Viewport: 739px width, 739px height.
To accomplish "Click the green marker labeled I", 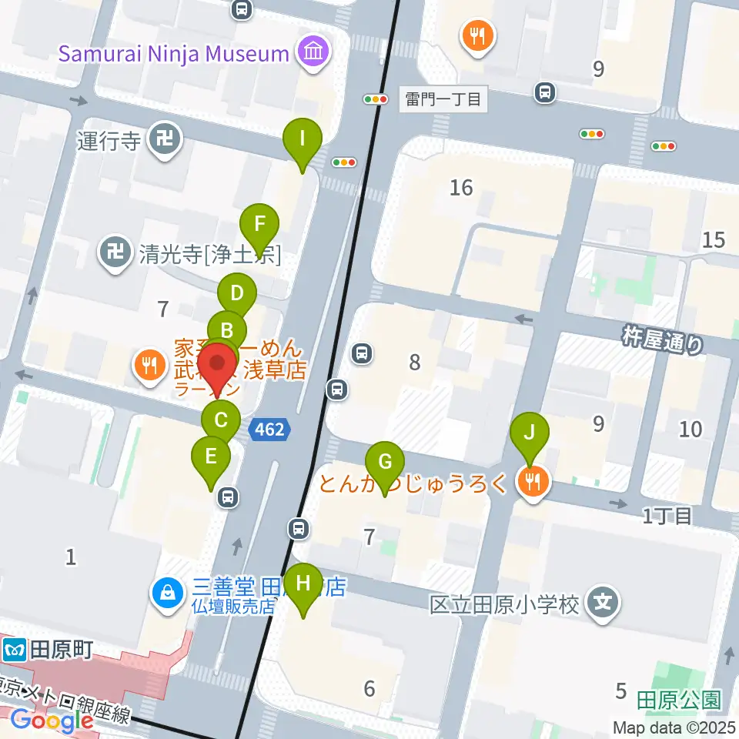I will tap(302, 140).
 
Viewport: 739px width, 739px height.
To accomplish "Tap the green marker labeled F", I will tap(260, 225).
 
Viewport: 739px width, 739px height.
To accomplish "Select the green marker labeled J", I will tap(529, 431).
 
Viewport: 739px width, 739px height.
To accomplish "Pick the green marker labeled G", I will tap(385, 463).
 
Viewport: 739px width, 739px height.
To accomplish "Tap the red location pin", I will tap(219, 364).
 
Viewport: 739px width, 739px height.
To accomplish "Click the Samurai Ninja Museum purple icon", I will tap(314, 52).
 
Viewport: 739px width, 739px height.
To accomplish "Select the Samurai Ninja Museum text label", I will tap(173, 54).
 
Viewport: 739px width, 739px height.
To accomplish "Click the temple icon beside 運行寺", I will tap(165, 140).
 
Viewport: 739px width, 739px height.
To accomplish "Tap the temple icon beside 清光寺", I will tap(115, 251).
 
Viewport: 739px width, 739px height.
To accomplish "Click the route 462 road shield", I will tap(270, 430).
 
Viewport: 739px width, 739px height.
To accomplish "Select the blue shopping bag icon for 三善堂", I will tap(167, 594).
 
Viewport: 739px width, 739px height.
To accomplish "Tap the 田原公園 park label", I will tap(679, 700).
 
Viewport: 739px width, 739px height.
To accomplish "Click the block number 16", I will tap(461, 187).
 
